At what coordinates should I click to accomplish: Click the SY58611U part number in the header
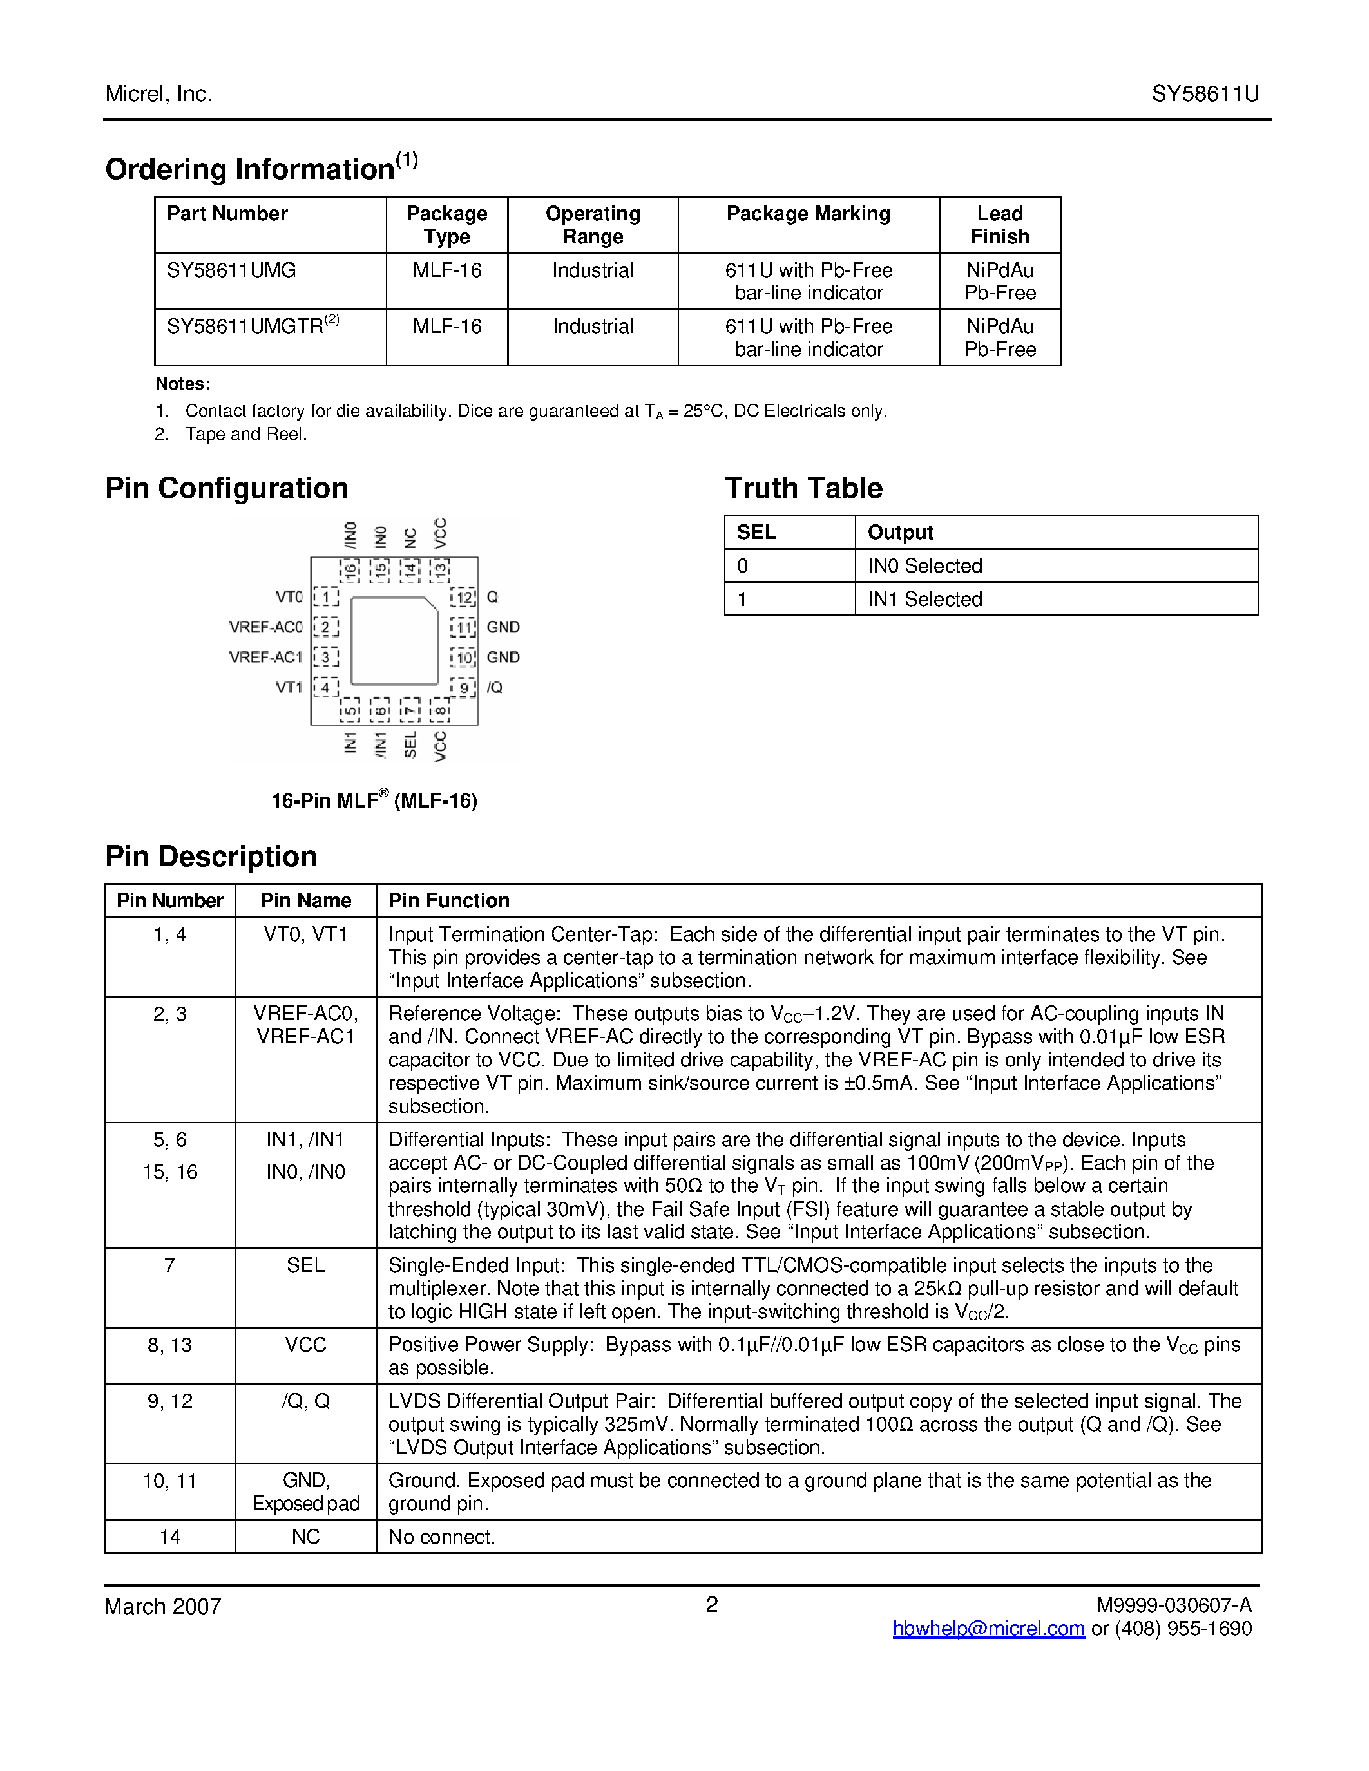click(1204, 94)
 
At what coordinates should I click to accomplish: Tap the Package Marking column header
click(808, 213)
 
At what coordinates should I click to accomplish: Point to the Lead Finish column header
click(999, 225)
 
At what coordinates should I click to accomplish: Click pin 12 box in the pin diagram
click(464, 598)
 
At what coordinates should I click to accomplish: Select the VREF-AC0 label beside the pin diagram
click(265, 627)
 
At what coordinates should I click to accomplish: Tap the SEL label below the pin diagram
click(410, 744)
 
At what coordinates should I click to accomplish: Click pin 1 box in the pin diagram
click(326, 598)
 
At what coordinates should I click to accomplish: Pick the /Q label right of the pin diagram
click(495, 688)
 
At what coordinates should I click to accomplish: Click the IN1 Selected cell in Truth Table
click(924, 600)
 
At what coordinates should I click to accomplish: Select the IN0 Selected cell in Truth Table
click(924, 566)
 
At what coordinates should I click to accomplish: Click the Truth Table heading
click(803, 488)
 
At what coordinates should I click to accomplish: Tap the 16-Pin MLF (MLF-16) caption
click(374, 800)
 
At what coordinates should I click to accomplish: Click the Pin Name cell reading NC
click(306, 1537)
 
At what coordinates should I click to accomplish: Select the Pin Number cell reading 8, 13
click(169, 1345)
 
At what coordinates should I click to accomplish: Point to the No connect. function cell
click(441, 1537)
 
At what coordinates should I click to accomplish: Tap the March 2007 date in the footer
click(163, 1606)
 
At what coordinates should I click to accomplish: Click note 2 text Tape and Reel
click(245, 435)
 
